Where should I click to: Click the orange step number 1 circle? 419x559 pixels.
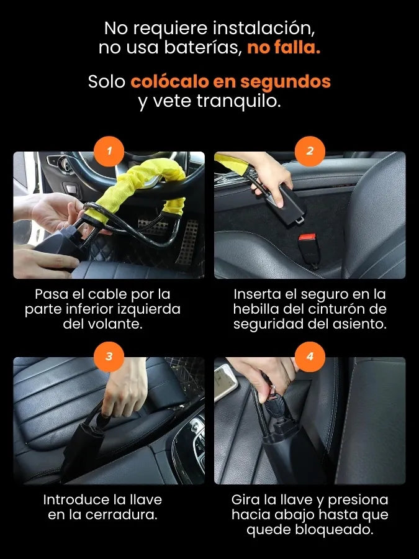point(109,151)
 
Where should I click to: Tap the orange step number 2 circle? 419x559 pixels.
point(310,151)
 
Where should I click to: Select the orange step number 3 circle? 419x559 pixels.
point(109,357)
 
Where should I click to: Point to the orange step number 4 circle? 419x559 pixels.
point(310,357)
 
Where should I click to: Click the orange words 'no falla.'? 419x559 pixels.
point(284,47)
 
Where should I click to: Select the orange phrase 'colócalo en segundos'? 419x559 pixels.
point(230,81)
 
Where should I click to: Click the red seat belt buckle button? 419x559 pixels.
point(307,237)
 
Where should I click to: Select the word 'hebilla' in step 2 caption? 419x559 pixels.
point(256,309)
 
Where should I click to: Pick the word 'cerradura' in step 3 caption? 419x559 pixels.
point(120,514)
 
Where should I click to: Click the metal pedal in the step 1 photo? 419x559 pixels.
point(187,242)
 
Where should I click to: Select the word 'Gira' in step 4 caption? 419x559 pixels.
point(245,499)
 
